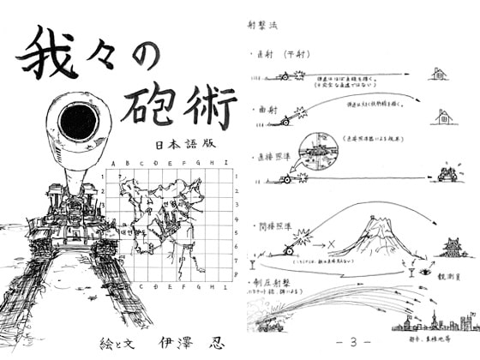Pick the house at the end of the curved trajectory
[x=444, y=117]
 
